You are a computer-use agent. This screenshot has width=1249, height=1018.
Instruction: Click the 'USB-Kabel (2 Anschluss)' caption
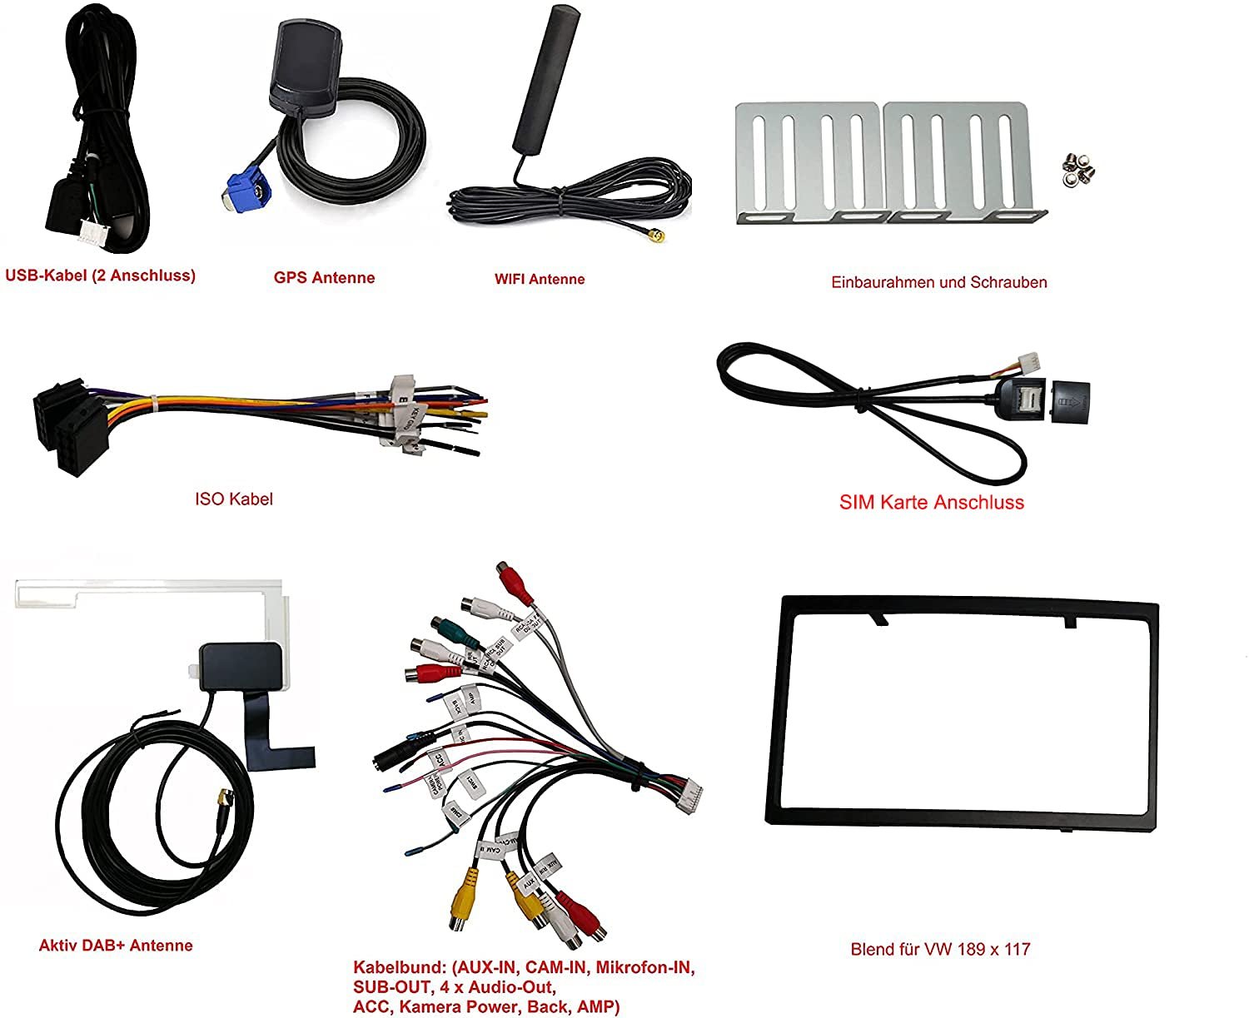[x=100, y=276]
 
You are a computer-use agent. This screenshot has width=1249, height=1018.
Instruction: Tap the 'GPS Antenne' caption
[x=324, y=278]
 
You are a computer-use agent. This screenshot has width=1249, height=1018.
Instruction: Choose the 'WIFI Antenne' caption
[x=540, y=280]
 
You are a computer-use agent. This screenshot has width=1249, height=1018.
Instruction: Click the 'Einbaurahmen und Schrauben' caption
[x=938, y=282]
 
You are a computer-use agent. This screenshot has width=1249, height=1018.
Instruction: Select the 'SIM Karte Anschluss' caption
[x=931, y=502]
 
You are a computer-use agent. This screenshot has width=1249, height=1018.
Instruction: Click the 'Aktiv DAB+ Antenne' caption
[x=116, y=946]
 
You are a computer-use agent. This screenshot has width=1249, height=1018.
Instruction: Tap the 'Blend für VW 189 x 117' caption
[x=940, y=949]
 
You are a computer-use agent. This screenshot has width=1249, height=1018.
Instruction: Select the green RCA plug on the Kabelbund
[x=445, y=628]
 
